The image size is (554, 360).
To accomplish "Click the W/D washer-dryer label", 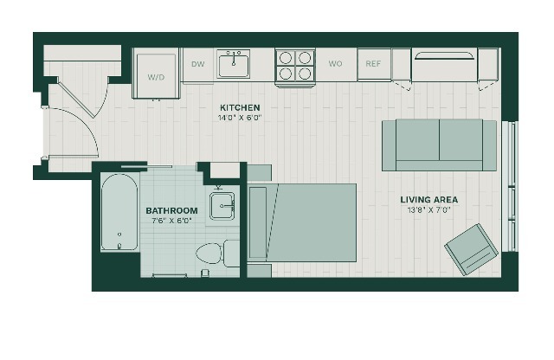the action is click(x=156, y=77).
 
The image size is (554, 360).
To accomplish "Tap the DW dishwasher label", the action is click(x=198, y=64).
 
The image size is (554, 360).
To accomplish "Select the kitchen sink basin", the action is click(x=233, y=64).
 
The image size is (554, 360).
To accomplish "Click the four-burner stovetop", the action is click(x=295, y=66).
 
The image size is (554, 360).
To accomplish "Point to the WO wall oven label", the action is click(x=335, y=63).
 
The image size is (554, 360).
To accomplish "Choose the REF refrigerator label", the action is click(x=373, y=64).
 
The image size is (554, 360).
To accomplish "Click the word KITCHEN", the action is click(x=240, y=107).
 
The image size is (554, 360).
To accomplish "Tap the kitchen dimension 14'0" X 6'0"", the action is click(x=240, y=118).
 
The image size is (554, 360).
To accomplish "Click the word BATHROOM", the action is click(x=171, y=210).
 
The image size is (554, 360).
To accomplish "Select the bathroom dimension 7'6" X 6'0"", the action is click(x=171, y=221).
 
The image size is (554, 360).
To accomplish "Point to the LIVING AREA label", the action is click(x=429, y=200).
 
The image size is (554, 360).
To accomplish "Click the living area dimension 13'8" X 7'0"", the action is click(x=429, y=209).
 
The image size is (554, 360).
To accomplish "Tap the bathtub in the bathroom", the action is click(x=119, y=212).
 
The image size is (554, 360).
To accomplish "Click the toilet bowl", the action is click(x=209, y=253).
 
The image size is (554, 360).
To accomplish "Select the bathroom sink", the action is click(x=222, y=206).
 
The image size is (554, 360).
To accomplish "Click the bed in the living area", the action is click(x=302, y=222).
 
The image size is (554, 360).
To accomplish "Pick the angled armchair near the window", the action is click(x=471, y=249).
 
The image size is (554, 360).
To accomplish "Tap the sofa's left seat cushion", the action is click(x=417, y=140).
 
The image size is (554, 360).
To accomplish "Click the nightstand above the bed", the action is click(x=260, y=173).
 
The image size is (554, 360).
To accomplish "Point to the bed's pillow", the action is click(x=258, y=222).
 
